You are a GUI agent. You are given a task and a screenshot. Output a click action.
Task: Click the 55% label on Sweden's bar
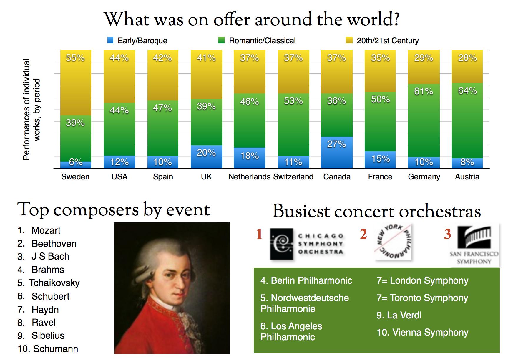click(75, 58)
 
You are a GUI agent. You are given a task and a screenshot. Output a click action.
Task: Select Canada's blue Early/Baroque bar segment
click(337, 152)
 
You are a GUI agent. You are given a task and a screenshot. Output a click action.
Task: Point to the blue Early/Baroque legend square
click(110, 40)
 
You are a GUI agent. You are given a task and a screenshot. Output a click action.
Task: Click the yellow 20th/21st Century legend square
click(349, 40)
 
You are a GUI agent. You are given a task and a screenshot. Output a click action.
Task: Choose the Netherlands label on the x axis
click(249, 177)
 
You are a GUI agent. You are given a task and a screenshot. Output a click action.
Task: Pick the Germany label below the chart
click(424, 177)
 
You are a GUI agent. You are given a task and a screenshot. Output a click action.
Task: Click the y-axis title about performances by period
click(31, 110)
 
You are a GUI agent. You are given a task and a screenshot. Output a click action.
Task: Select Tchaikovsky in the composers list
click(54, 283)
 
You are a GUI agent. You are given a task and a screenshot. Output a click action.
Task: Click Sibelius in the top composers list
click(48, 336)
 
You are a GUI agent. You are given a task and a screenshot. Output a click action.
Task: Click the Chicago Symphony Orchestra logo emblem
click(282, 244)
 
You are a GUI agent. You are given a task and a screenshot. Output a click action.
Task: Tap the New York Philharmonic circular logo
click(393, 242)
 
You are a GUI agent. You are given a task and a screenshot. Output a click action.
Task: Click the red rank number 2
click(363, 234)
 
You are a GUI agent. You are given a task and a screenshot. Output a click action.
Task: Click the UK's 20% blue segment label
click(206, 153)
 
